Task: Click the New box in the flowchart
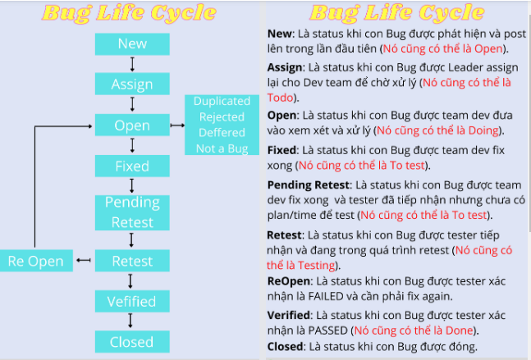(132, 43)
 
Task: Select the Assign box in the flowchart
(132, 84)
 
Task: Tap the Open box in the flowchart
(132, 125)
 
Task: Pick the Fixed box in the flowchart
(132, 166)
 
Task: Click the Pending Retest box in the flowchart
(132, 212)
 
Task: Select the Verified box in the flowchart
(132, 301)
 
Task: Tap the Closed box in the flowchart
(132, 341)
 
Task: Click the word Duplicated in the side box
(221, 101)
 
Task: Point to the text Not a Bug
(221, 148)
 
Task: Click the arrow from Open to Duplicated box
(177, 125)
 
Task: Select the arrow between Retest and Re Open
(83, 261)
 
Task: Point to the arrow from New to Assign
(132, 64)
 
